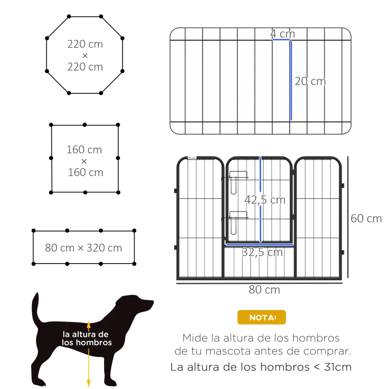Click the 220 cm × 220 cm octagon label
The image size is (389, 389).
85,55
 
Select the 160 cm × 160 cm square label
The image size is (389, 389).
85,161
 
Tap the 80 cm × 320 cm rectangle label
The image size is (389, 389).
84,248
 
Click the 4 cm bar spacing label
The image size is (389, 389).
283,34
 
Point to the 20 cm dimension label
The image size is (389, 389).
310,81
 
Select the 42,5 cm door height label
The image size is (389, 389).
265,200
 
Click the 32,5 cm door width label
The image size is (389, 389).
262,252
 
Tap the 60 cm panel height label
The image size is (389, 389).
366,218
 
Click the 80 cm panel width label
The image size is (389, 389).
264,289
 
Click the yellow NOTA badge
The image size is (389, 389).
262,318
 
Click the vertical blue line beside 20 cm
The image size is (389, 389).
291,80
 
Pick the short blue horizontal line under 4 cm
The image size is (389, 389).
282,40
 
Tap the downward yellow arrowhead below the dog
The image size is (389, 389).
88,383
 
